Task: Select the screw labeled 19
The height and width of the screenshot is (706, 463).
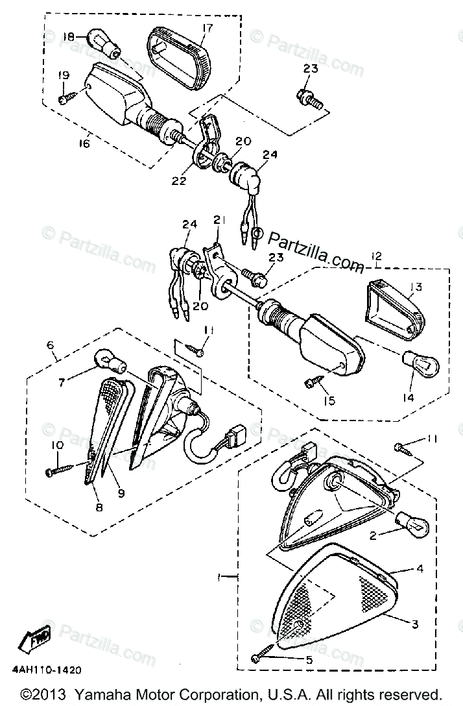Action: click(x=67, y=98)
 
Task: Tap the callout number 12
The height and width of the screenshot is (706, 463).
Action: click(x=376, y=257)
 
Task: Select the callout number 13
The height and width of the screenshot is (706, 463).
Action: click(x=415, y=287)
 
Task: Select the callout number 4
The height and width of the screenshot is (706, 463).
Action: click(x=420, y=569)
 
